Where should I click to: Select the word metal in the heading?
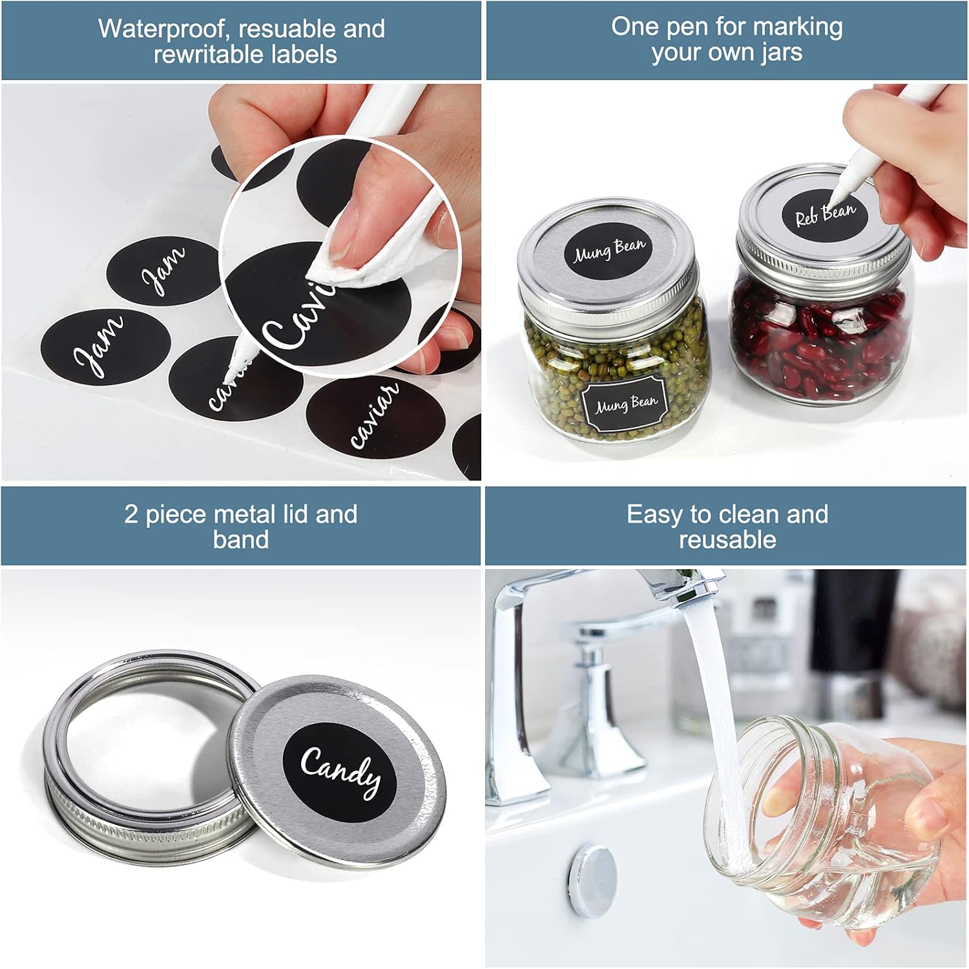[240, 514]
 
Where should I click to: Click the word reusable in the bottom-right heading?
[727, 539]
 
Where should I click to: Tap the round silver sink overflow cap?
[592, 879]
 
